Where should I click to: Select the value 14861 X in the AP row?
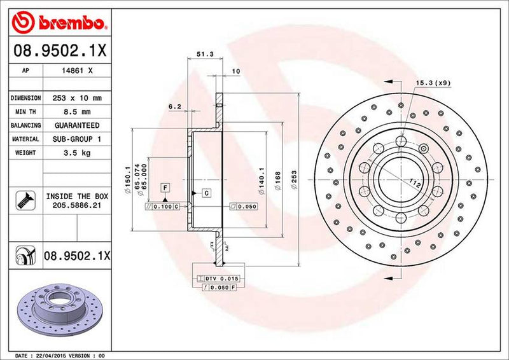pos(80,71)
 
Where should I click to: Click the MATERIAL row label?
pos(25,139)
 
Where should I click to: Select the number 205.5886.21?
pos(77,207)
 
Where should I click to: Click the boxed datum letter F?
pos(165,187)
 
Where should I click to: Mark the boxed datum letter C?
pos(207,192)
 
